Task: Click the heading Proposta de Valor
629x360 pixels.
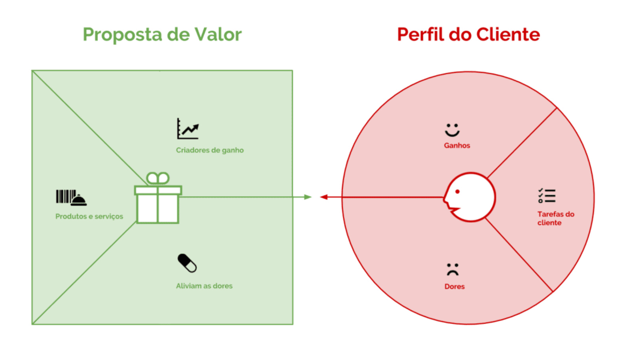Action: (162, 35)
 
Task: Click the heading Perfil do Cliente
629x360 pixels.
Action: (468, 35)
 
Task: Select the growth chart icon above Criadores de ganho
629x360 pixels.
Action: (188, 129)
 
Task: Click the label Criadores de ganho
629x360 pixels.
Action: (210, 150)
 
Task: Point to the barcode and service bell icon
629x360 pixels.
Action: (71, 197)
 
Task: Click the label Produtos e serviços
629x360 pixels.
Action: (89, 216)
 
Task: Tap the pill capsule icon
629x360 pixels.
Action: (187, 263)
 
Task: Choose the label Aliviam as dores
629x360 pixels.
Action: (204, 286)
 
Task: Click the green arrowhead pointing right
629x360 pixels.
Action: (308, 197)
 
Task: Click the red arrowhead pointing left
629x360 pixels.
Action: (324, 197)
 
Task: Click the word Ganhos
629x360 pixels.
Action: (457, 146)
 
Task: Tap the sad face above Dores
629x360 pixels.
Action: (452, 269)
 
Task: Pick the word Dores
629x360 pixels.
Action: (454, 287)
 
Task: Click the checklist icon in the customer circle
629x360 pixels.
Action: (547, 196)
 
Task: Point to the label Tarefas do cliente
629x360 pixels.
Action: (555, 218)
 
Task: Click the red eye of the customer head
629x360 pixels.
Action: (458, 192)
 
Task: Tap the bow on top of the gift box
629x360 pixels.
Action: (158, 178)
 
